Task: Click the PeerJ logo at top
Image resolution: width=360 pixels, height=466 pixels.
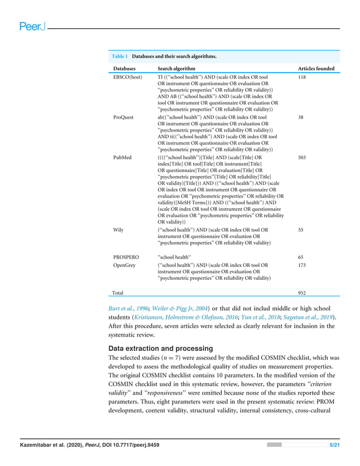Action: [32, 27]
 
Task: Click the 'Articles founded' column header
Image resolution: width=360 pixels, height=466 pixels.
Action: [315, 69]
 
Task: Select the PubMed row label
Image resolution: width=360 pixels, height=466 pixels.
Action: [122, 158]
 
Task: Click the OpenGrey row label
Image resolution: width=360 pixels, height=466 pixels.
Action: [124, 264]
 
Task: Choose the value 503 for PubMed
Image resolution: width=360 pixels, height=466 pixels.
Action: [302, 158]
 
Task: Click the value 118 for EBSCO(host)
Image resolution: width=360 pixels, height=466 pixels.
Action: [302, 76]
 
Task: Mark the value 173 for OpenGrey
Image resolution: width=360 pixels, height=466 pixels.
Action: [302, 264]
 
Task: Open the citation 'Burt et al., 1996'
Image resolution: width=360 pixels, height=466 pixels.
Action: [129, 307]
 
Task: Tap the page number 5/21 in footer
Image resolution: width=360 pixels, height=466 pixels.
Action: [335, 446]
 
